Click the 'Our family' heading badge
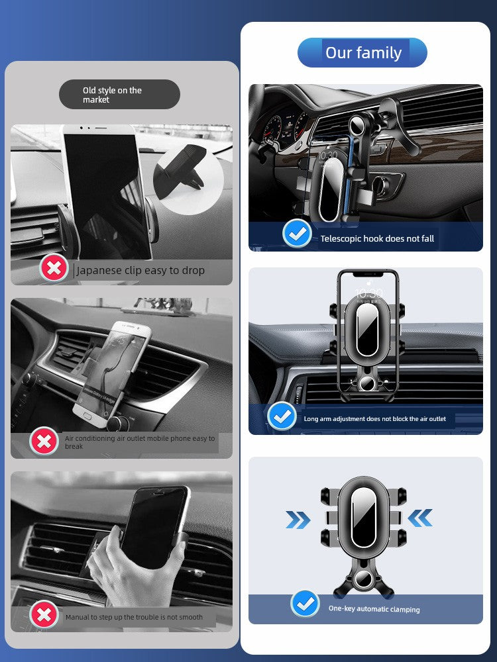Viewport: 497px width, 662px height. click(x=362, y=53)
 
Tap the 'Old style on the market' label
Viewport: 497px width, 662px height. click(x=119, y=95)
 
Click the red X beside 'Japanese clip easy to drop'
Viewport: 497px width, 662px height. click(x=54, y=268)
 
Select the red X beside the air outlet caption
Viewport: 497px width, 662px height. click(x=44, y=441)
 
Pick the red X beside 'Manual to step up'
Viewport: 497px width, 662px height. click(x=44, y=615)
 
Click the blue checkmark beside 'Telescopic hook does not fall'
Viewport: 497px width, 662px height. click(x=297, y=233)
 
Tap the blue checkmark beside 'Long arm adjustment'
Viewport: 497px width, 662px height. click(x=282, y=416)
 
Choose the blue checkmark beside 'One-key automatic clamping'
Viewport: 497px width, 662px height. click(x=305, y=604)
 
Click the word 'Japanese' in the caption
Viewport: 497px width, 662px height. click(x=99, y=271)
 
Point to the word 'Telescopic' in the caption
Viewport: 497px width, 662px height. click(x=341, y=239)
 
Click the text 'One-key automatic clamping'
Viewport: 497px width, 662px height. click(x=374, y=609)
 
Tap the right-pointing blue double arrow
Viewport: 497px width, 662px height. click(x=298, y=519)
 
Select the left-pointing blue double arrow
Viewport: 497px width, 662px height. click(x=420, y=518)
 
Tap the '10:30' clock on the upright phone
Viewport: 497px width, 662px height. click(x=368, y=293)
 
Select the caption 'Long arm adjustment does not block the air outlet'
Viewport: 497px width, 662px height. click(x=375, y=419)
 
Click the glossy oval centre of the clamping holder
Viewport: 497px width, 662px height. click(x=363, y=517)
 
